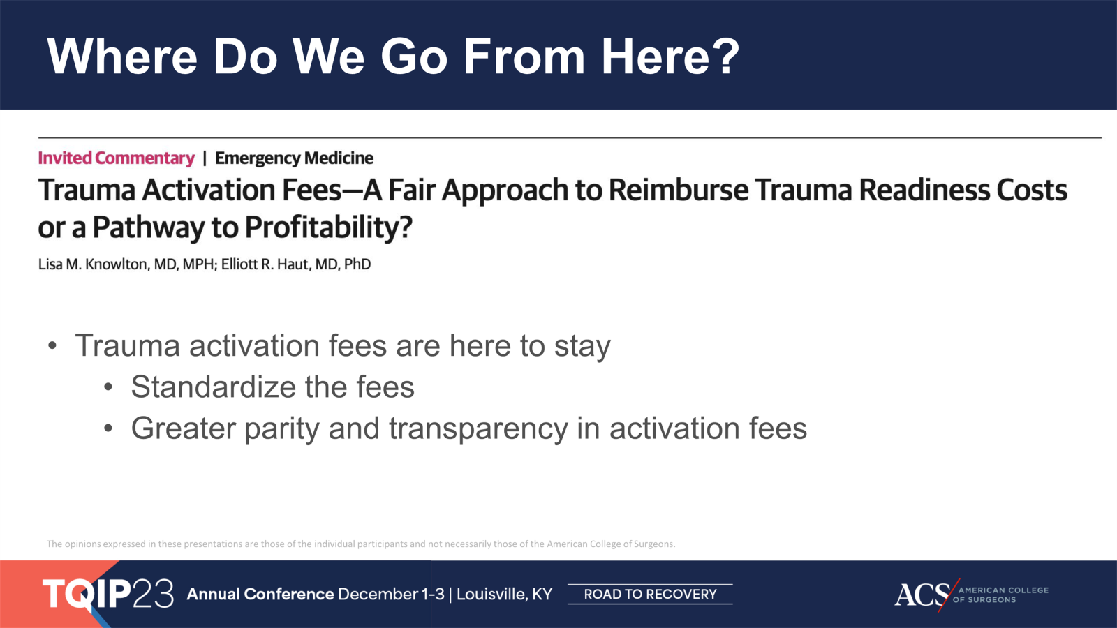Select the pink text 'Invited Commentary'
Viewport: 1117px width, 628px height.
(x=116, y=158)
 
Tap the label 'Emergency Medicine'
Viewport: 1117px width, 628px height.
(x=294, y=158)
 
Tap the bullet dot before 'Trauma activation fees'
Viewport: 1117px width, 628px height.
(x=52, y=346)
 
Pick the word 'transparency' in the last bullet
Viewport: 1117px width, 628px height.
(x=478, y=428)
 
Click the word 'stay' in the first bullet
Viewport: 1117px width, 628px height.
(x=582, y=346)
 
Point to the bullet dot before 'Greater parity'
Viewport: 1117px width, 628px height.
(x=108, y=428)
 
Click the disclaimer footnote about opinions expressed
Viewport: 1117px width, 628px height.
(x=360, y=544)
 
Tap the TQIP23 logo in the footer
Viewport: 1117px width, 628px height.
(x=108, y=594)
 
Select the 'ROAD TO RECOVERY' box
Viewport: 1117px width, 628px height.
(x=650, y=594)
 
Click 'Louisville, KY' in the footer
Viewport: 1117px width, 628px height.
(x=504, y=594)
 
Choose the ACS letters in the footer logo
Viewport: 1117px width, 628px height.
(x=922, y=595)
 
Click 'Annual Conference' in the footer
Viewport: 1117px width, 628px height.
(x=260, y=594)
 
